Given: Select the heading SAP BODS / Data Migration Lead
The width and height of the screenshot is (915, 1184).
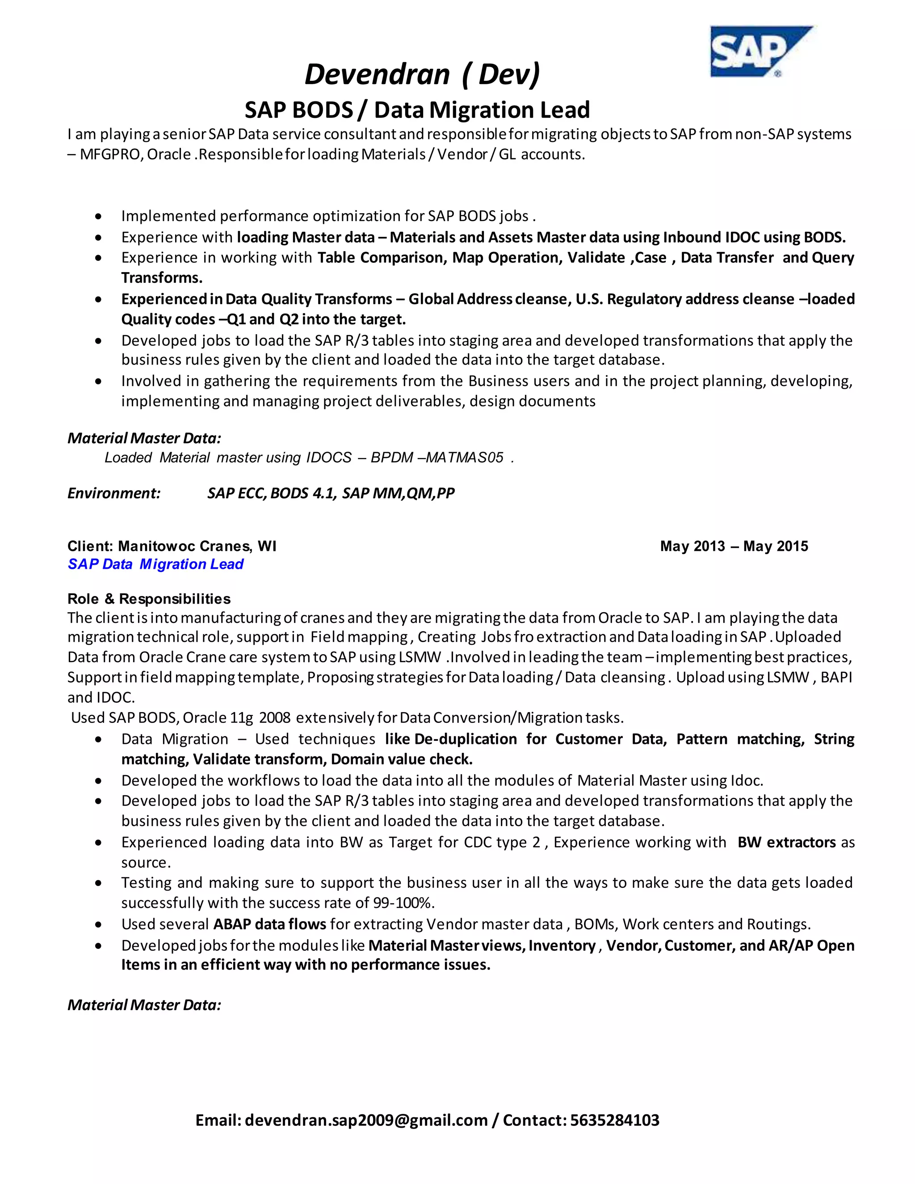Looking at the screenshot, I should pyautogui.click(x=417, y=110).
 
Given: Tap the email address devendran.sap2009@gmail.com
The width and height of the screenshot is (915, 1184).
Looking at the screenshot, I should pyautogui.click(x=366, y=1120).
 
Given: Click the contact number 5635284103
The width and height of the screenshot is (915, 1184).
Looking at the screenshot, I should pyautogui.click(x=615, y=1120).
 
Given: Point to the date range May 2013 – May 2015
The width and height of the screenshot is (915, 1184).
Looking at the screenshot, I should pyautogui.click(x=734, y=546).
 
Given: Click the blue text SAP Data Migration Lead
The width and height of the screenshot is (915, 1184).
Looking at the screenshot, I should pyautogui.click(x=155, y=564).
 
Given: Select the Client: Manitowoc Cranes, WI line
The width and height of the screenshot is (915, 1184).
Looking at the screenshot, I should pyautogui.click(x=172, y=546).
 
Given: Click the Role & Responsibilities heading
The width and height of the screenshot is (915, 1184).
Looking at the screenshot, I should pyautogui.click(x=149, y=599).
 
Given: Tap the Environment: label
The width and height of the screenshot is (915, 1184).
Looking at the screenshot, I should pyautogui.click(x=114, y=493).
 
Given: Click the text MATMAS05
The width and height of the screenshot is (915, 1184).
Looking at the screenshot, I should pyautogui.click(x=465, y=458).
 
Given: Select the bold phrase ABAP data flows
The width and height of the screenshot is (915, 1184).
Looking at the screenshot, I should pyautogui.click(x=269, y=924).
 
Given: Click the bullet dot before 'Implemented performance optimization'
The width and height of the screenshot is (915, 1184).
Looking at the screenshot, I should pyautogui.click(x=98, y=217).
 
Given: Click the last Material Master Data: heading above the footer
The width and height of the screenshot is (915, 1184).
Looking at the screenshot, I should pyautogui.click(x=144, y=1005).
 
